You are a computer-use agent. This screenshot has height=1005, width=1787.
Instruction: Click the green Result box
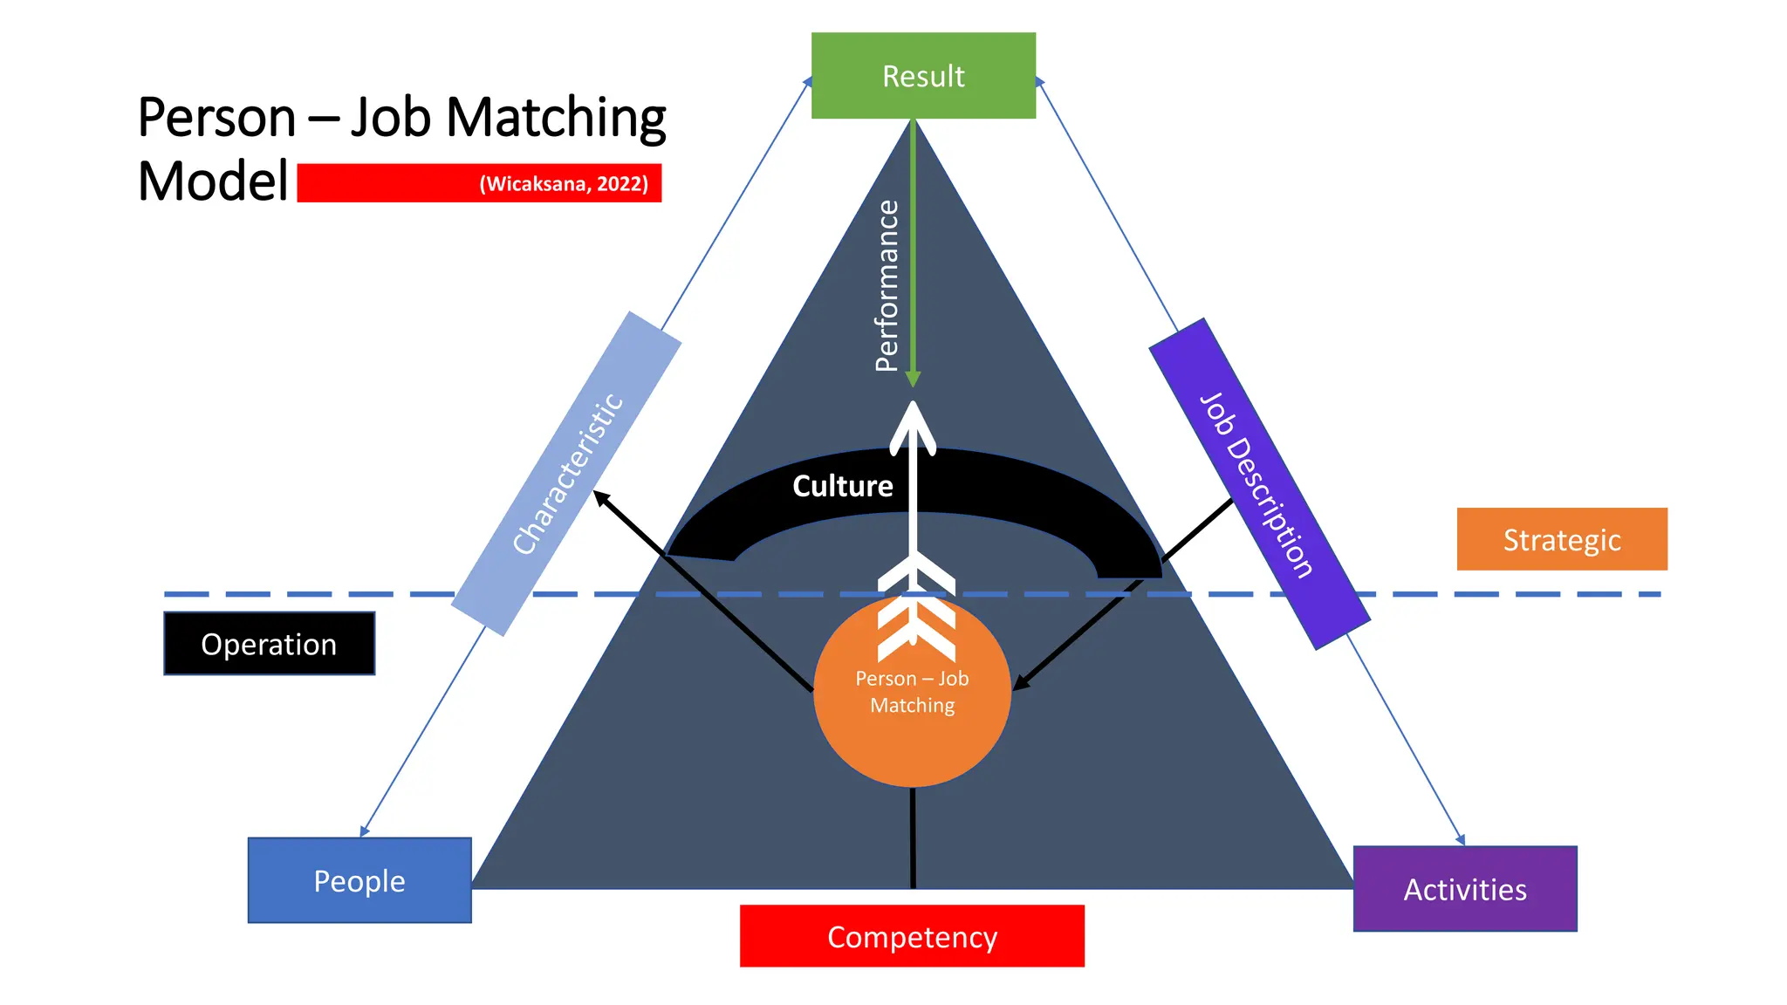coord(923,76)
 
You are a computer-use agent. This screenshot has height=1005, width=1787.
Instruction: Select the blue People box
coord(359,880)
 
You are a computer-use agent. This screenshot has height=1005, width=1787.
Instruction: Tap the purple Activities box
coord(1465,889)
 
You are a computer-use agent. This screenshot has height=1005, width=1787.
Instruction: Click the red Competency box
coord(912,936)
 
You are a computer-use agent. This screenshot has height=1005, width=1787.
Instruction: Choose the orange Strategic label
coord(1562,539)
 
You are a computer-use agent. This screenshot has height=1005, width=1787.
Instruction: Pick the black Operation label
coord(269,644)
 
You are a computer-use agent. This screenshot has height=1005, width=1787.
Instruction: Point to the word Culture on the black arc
coord(842,486)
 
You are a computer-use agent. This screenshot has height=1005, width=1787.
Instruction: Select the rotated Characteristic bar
coord(566,474)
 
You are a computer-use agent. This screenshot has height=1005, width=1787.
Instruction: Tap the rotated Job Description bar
coord(1258,484)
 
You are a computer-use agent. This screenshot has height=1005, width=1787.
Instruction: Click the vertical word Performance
coord(887,286)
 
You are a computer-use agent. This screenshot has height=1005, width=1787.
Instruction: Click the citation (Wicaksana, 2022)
coord(564,184)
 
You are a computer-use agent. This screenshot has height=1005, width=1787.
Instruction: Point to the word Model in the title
coord(213,181)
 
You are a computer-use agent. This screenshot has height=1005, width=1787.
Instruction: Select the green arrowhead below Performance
coord(913,379)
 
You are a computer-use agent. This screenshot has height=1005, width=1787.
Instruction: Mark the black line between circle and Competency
coord(913,837)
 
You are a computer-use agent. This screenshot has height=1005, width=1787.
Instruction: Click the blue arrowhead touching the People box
coord(365,831)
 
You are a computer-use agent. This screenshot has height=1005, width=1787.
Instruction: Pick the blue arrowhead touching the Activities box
coord(1461,839)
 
